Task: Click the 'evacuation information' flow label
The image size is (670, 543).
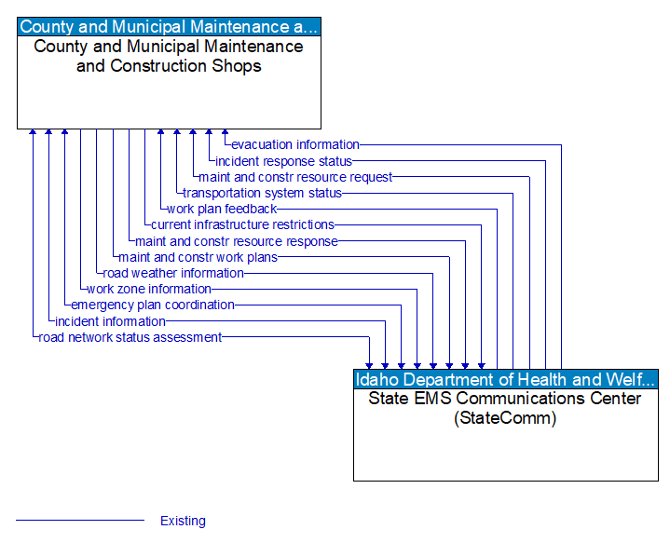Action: (x=295, y=144)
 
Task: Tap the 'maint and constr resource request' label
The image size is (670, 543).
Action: (x=295, y=177)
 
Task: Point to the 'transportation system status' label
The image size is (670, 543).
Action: (x=263, y=193)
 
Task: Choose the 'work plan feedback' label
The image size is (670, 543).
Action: (x=222, y=209)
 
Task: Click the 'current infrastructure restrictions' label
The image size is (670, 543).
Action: (x=242, y=224)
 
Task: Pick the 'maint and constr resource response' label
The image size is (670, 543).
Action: (x=237, y=241)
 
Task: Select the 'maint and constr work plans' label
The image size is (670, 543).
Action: (x=198, y=257)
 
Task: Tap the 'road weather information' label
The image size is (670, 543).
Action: (x=173, y=273)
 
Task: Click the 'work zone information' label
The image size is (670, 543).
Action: (x=149, y=289)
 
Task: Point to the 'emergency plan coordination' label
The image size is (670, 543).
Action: (x=153, y=305)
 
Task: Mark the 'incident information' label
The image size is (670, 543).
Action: (x=110, y=321)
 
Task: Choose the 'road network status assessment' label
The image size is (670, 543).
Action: (x=130, y=337)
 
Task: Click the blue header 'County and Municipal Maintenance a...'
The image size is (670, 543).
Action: (x=169, y=27)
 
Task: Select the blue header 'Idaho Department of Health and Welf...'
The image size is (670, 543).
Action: (x=505, y=379)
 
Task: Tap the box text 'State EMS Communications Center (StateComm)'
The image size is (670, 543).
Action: (x=505, y=408)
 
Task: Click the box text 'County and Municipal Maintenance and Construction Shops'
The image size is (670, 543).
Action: (x=169, y=56)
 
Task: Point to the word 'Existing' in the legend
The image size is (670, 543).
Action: (x=183, y=521)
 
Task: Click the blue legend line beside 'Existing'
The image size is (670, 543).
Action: (x=80, y=520)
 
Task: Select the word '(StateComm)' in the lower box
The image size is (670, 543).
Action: (x=505, y=418)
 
